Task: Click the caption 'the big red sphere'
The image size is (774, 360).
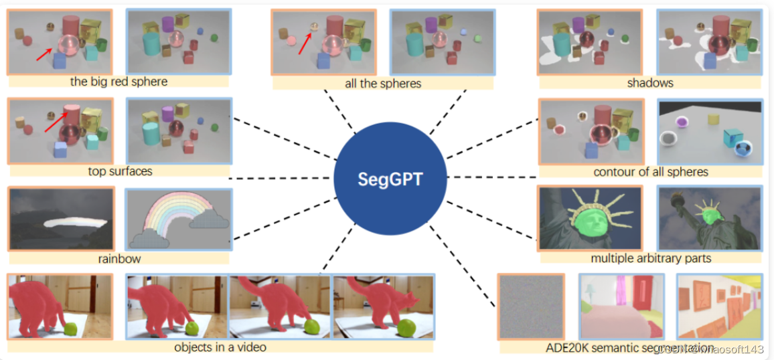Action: coord(119,82)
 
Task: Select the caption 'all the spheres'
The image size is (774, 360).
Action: coord(382,84)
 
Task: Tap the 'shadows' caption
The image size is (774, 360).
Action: coord(649,83)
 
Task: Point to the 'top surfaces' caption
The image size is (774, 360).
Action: coord(120,171)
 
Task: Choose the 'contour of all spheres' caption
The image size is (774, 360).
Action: coord(650,172)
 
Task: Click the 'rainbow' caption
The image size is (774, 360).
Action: coord(118,258)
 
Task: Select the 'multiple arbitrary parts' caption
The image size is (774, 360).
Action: coord(651,258)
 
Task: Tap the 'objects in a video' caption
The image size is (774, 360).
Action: coord(220,347)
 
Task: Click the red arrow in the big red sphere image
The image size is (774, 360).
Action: coord(46,52)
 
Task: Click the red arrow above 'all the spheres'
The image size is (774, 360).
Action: coord(305,42)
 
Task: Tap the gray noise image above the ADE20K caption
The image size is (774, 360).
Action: coord(531,306)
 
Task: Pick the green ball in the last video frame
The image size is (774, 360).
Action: coord(408,328)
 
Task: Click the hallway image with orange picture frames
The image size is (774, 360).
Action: coord(719,306)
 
